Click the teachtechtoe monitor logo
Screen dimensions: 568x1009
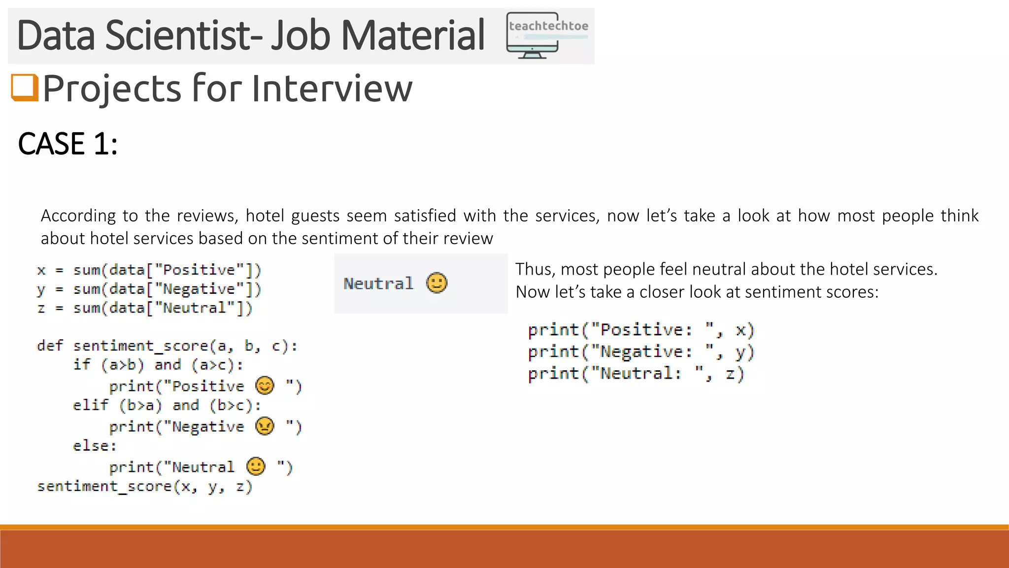pyautogui.click(x=547, y=35)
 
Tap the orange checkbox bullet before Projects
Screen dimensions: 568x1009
pyautogui.click(x=25, y=88)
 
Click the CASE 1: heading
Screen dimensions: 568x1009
pyautogui.click(x=67, y=144)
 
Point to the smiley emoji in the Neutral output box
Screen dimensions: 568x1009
pyautogui.click(x=437, y=283)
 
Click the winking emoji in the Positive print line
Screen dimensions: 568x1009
pyautogui.click(x=265, y=386)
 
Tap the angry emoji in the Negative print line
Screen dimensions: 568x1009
pyautogui.click(x=265, y=426)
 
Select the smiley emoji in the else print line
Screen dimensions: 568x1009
pyautogui.click(x=256, y=466)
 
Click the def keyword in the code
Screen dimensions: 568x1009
pyautogui.click(x=50, y=346)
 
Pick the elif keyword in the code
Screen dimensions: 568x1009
pyautogui.click(x=90, y=405)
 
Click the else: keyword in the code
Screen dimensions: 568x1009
pyautogui.click(x=95, y=446)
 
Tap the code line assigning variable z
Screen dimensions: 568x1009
pyautogui.click(x=144, y=308)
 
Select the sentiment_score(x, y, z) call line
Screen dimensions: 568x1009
pyautogui.click(x=144, y=487)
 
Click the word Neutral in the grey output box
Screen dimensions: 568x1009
pyautogui.click(x=378, y=284)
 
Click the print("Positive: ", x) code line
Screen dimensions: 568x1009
pyautogui.click(x=640, y=330)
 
